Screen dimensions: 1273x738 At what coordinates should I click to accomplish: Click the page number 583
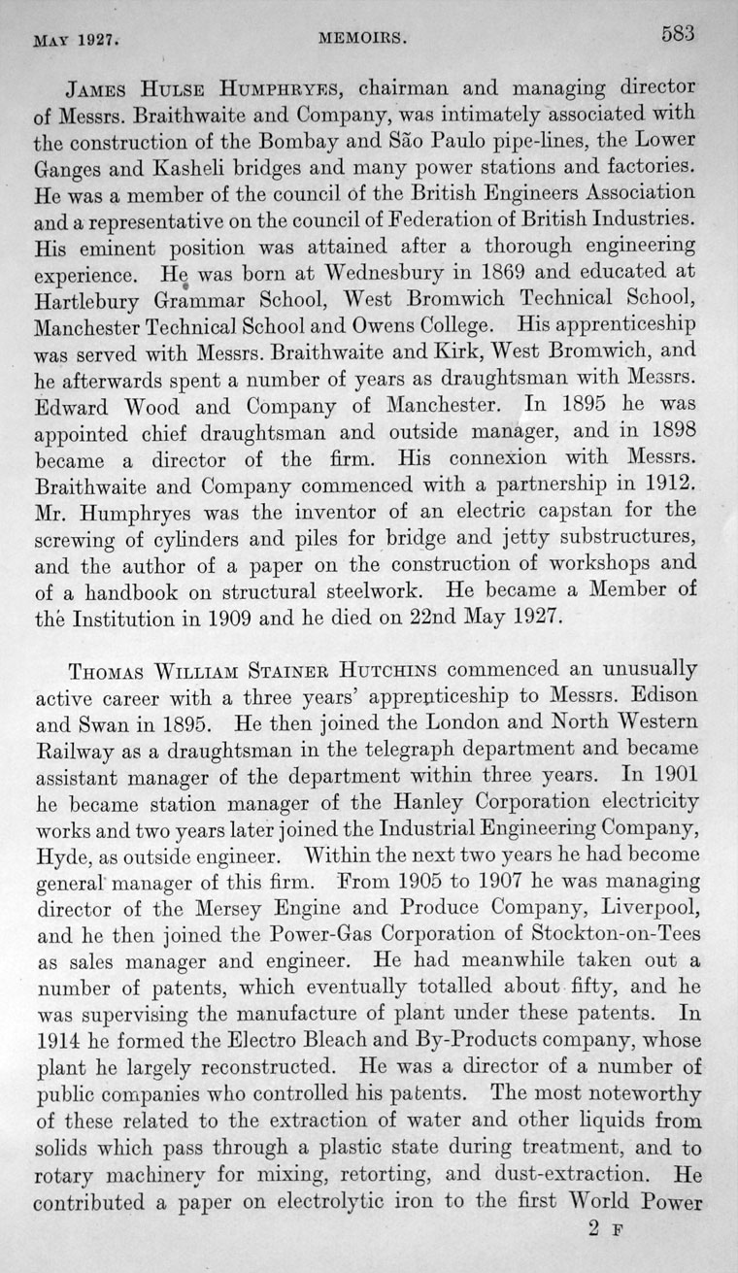click(677, 33)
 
